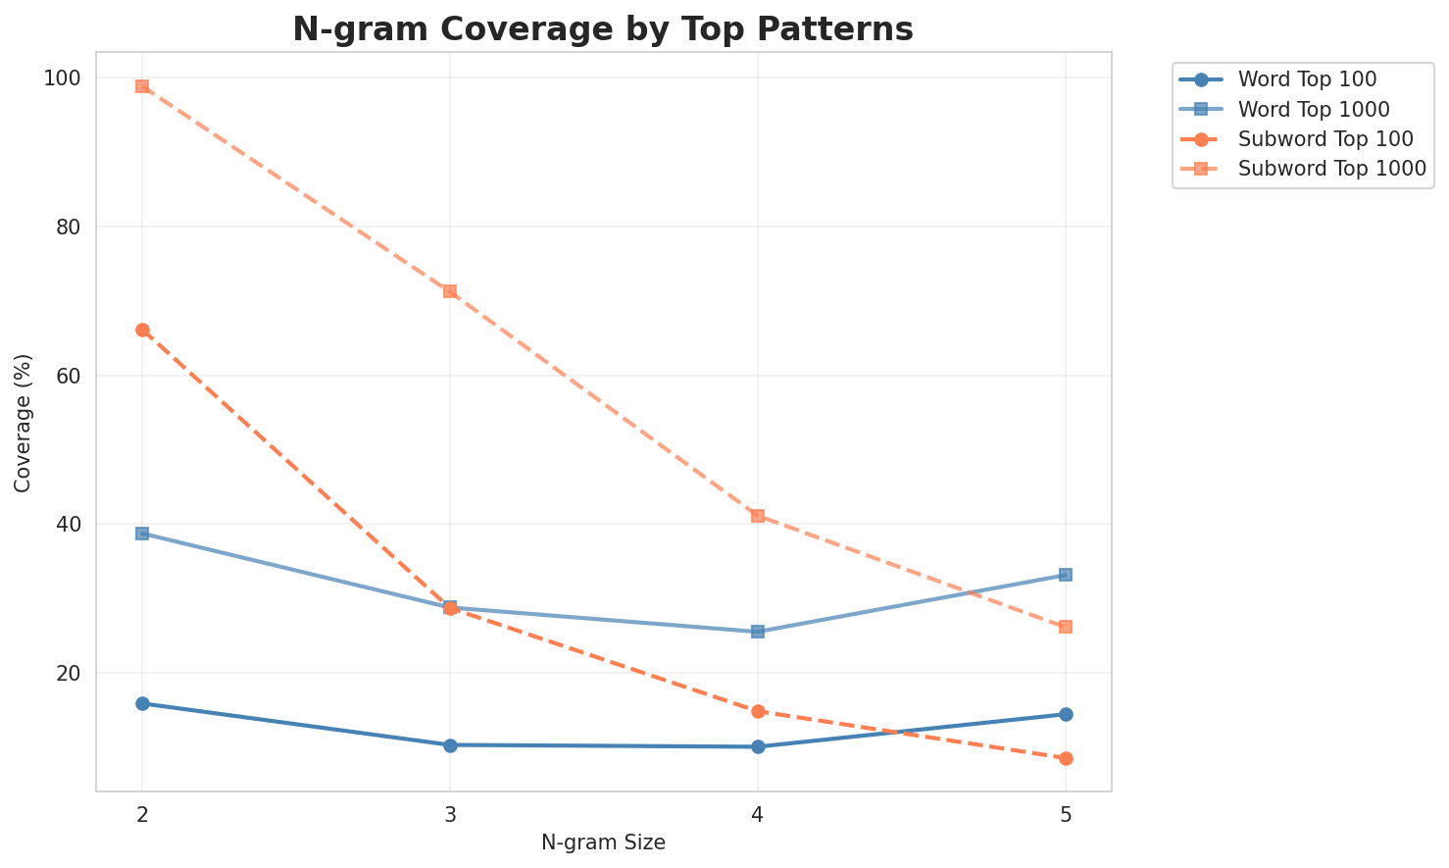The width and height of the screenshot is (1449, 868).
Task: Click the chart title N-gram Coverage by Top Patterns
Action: tap(603, 29)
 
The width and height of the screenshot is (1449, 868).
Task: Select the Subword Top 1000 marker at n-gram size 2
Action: tap(142, 86)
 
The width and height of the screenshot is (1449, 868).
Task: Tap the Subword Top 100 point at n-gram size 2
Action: tap(142, 331)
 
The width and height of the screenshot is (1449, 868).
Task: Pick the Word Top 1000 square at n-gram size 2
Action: tap(142, 534)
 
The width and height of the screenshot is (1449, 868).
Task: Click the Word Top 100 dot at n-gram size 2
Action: tap(142, 703)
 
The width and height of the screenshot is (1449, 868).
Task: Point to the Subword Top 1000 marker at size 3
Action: tap(450, 291)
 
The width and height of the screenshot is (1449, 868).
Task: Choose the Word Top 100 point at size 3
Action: tap(450, 745)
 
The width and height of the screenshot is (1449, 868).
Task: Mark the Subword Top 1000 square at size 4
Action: tap(758, 516)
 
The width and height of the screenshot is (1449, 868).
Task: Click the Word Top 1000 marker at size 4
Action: tap(758, 632)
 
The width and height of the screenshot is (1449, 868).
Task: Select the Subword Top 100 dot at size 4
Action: tap(758, 711)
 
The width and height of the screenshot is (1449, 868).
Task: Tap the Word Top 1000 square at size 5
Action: tap(1066, 575)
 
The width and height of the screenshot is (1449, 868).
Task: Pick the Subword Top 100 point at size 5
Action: tap(1066, 758)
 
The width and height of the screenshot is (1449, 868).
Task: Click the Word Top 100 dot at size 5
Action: tap(1066, 714)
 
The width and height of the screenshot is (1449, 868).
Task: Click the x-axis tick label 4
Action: tap(758, 815)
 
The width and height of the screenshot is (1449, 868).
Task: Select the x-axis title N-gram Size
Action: tap(603, 842)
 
